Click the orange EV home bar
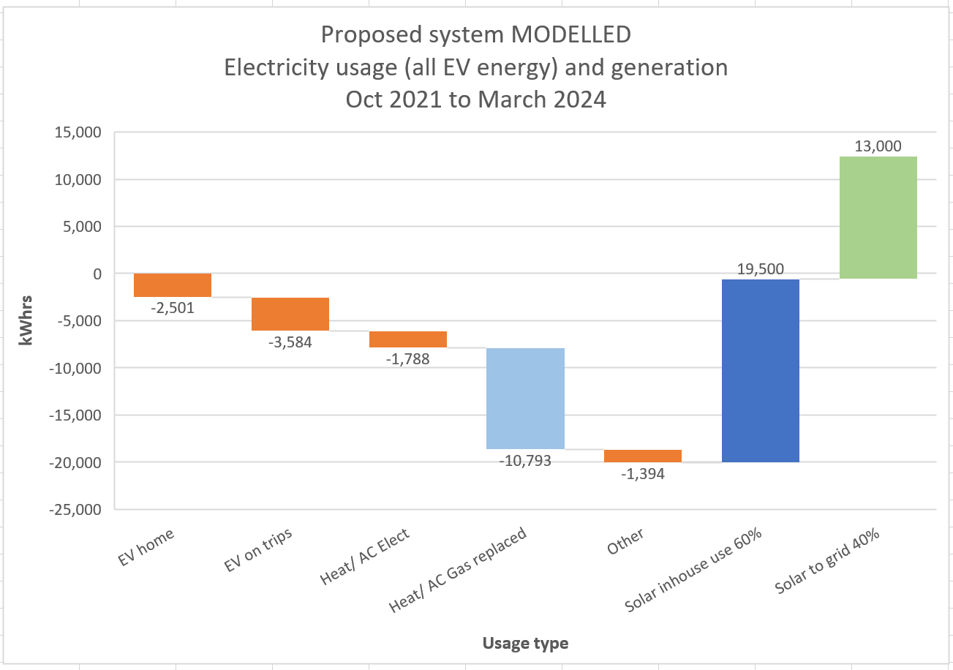coord(173,285)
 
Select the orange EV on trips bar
coord(290,314)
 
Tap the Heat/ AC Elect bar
coord(408,339)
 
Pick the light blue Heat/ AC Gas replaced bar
coord(526,398)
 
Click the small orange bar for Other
coord(644,456)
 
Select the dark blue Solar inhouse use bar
coord(761,370)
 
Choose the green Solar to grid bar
coord(878,217)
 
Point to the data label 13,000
coord(879,146)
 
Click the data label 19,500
coord(761,269)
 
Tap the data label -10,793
coord(526,461)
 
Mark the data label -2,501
coord(173,308)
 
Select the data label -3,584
coord(290,342)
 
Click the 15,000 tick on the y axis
coord(76,132)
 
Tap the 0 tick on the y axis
coord(96,274)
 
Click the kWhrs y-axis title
coord(27,320)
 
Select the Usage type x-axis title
coord(525,644)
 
